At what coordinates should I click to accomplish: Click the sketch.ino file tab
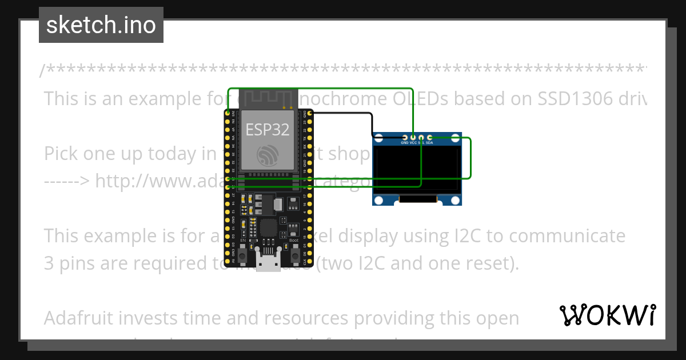click(101, 25)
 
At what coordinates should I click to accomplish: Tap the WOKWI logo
click(608, 315)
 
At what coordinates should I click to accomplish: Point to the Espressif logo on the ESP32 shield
click(268, 156)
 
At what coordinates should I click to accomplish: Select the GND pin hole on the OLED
click(405, 138)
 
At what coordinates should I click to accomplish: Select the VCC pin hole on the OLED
click(413, 138)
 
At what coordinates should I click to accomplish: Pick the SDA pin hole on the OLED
click(429, 138)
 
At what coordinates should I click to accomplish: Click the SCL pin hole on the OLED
click(421, 138)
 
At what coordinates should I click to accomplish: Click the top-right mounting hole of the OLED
click(456, 138)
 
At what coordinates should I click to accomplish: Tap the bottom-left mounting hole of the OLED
click(378, 200)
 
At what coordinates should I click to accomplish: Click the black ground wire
click(343, 113)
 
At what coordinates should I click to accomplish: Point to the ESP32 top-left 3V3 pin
click(228, 114)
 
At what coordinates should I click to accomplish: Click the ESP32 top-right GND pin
click(310, 114)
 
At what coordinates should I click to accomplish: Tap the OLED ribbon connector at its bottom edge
click(418, 200)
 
